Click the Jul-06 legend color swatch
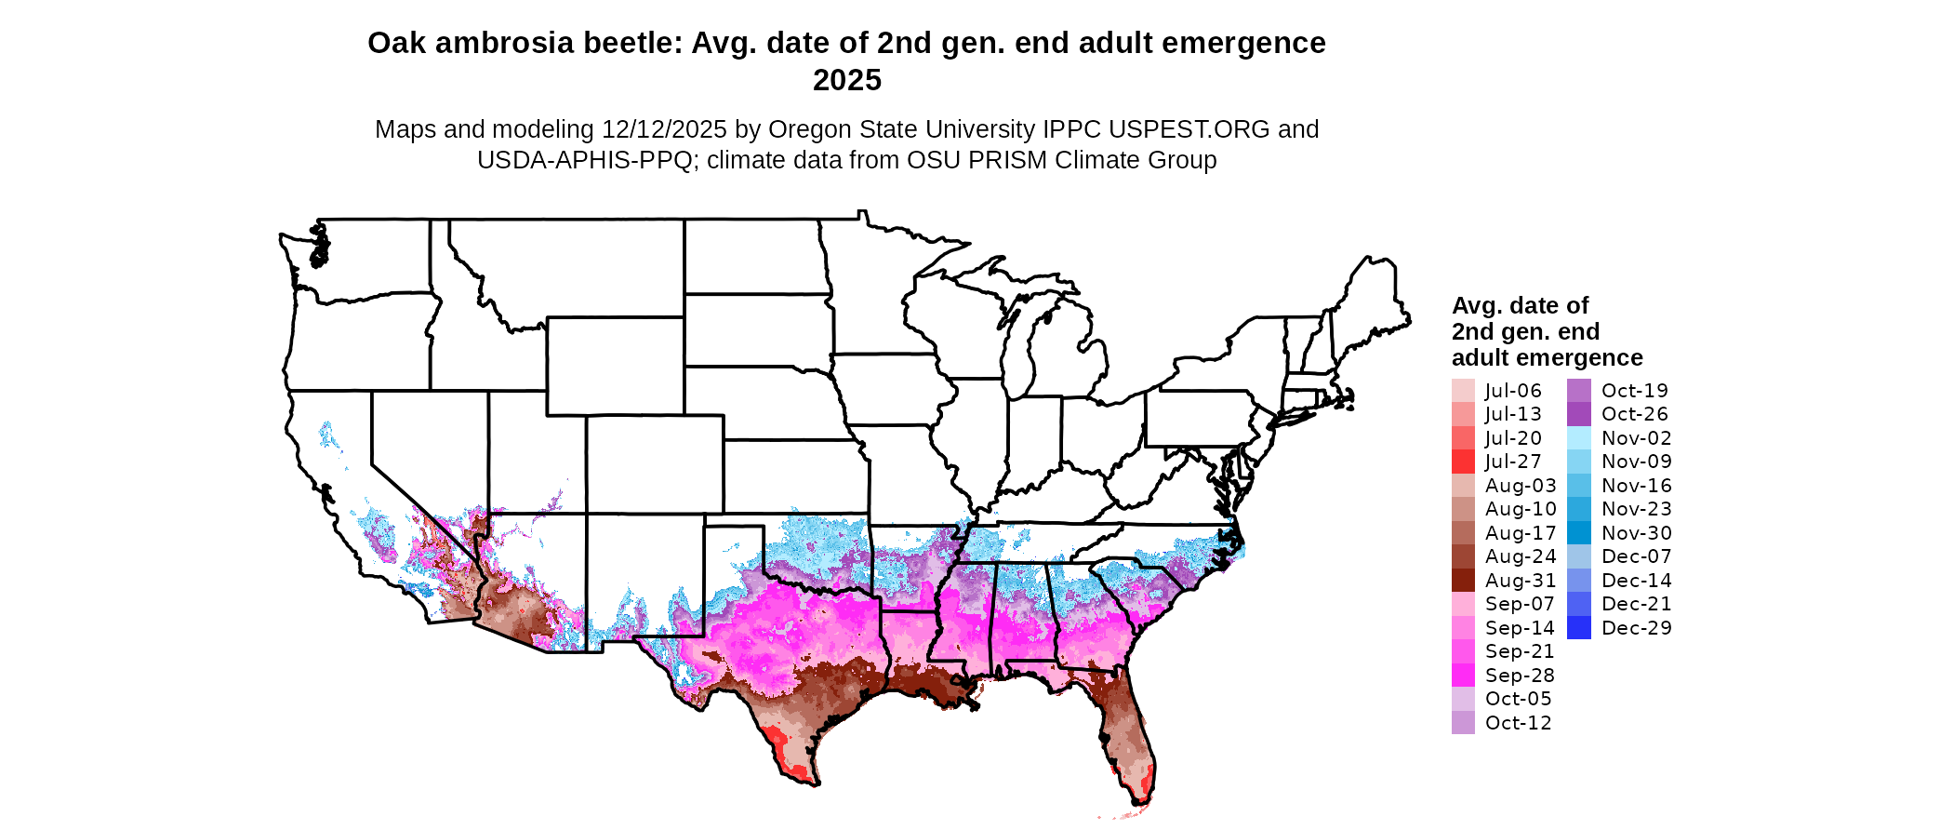pyautogui.click(x=1463, y=391)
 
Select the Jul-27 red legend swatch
pyautogui.click(x=1463, y=462)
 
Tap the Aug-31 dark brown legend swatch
pyautogui.click(x=1463, y=581)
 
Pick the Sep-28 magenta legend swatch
pyautogui.click(x=1463, y=676)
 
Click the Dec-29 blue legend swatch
pyautogui.click(x=1579, y=628)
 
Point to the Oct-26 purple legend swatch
pyautogui.click(x=1579, y=414)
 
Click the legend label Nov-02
pyautogui.click(x=1637, y=438)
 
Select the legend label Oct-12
pyautogui.click(x=1519, y=723)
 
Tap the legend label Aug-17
pyautogui.click(x=1521, y=533)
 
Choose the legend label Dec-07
pyautogui.click(x=1637, y=556)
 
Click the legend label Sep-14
pyautogui.click(x=1520, y=628)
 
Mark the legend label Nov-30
pyautogui.click(x=1637, y=533)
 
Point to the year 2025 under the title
pyautogui.click(x=846, y=81)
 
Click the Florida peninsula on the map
pyautogui.click(x=1128, y=735)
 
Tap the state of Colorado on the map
pyautogui.click(x=655, y=464)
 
